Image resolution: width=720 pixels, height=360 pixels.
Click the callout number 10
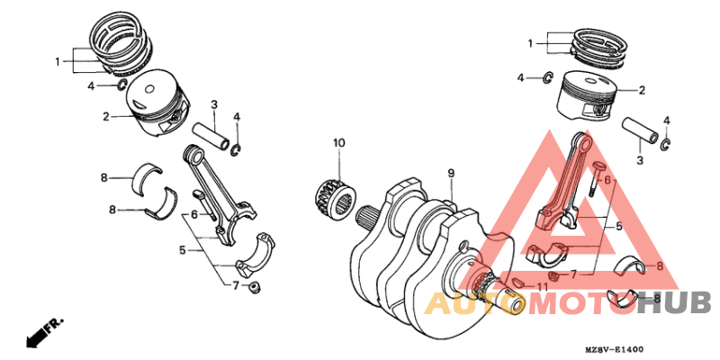click(339, 143)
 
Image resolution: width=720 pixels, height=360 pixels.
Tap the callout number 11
click(541, 287)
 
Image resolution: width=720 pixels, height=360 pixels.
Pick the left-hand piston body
click(157, 103)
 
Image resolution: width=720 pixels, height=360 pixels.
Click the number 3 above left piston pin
click(214, 105)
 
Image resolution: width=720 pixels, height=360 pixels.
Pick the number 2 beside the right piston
click(643, 90)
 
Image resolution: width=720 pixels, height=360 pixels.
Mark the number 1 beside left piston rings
click(57, 62)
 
